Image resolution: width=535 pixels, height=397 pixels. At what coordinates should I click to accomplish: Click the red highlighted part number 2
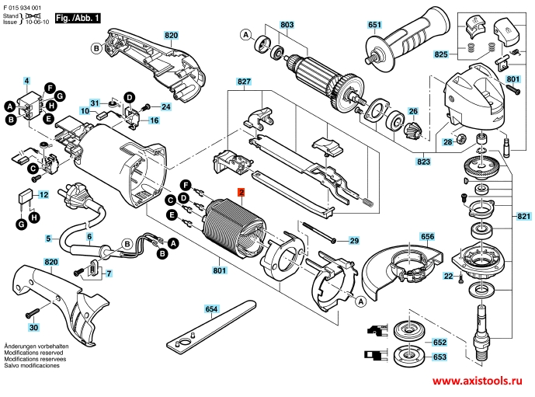241,192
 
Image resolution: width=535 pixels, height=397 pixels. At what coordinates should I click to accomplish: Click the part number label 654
210,309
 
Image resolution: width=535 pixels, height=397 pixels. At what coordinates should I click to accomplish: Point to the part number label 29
355,240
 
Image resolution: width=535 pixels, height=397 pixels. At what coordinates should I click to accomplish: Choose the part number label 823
445,163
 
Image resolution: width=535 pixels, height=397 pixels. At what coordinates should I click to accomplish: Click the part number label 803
287,26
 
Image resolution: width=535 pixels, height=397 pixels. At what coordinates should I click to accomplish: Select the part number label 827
244,82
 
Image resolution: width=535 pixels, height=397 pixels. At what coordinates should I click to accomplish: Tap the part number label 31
94,103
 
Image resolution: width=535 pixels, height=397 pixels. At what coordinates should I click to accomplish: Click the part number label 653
439,357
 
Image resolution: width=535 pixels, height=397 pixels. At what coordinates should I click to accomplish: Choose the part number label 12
43,194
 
